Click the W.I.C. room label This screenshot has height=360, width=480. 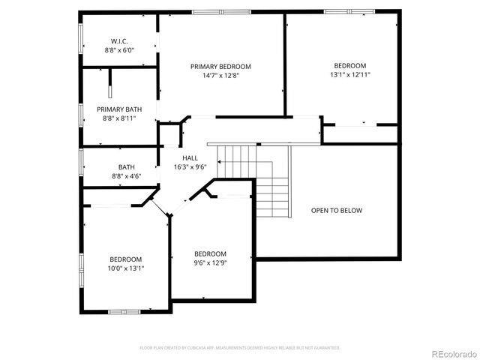119,40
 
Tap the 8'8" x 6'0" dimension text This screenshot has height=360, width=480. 119,49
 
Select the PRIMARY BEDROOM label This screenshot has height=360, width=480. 220,67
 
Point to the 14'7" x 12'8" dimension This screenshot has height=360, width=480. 220,76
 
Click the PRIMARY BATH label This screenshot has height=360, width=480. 119,109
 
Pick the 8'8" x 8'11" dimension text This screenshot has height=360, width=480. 119,118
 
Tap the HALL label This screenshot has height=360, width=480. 190,157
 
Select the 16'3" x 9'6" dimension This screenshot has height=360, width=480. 190,166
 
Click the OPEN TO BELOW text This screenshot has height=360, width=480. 337,211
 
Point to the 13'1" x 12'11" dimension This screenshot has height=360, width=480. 350,75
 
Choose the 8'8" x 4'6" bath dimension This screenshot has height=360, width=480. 126,176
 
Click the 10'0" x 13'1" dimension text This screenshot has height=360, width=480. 126,268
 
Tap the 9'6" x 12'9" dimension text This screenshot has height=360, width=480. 210,262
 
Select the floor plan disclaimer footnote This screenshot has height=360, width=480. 240,348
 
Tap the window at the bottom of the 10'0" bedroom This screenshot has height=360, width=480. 124,310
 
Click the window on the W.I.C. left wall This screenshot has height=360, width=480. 81,40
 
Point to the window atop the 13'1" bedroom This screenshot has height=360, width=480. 348,12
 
